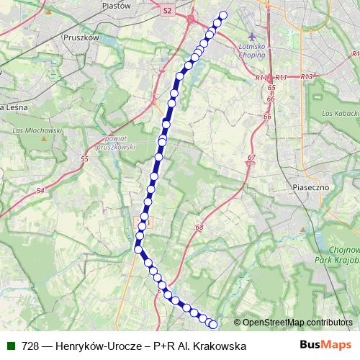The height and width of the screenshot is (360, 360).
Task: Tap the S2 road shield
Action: coord(168,11)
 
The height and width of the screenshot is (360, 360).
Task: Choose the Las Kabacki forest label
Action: coord(339,113)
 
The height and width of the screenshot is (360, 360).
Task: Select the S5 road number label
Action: coord(84,158)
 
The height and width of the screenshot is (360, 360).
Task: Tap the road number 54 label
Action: coord(40,190)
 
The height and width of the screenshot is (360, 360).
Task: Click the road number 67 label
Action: coord(251,158)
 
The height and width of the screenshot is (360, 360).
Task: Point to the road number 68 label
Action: coord(199,228)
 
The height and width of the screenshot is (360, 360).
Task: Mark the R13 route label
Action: coord(307,76)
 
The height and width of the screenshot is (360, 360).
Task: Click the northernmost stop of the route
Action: coord(223,15)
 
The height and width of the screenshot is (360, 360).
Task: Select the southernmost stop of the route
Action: coord(212,324)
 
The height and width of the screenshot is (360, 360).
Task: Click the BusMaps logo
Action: coord(325,346)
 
